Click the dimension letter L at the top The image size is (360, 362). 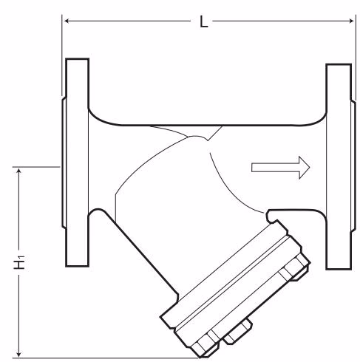tap(203, 21)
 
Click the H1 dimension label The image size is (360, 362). tap(19, 263)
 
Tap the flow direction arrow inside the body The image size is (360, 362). tap(280, 168)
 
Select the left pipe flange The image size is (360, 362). tap(77, 163)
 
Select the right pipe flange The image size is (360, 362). tap(339, 167)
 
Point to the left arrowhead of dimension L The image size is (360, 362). tap(67, 21)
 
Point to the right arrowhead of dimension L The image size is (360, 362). tap(351, 21)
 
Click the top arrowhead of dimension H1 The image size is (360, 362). tap(19, 171)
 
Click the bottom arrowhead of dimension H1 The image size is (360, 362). tap(19, 354)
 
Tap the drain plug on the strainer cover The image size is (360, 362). tap(238, 332)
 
